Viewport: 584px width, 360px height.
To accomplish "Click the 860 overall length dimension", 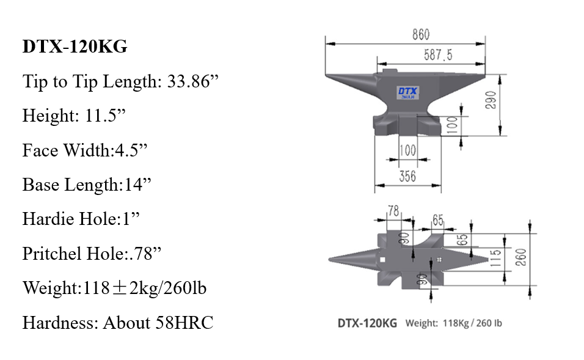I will point(420,35).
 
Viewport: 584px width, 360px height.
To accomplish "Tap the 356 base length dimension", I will point(407,175).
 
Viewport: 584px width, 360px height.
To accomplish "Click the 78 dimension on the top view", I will point(393,211).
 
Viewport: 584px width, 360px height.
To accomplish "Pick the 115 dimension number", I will point(495,258).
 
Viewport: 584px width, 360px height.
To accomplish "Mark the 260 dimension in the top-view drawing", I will point(520,259).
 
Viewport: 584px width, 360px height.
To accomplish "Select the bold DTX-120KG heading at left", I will point(75,47).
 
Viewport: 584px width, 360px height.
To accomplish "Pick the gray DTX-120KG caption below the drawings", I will point(367,323).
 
